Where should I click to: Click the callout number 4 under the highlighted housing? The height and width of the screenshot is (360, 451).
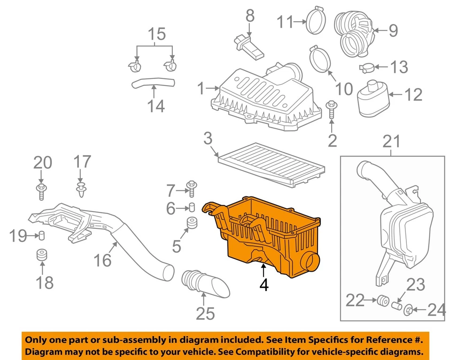pyautogui.click(x=264, y=284)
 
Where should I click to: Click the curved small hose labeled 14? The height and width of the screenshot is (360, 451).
pyautogui.click(x=153, y=84)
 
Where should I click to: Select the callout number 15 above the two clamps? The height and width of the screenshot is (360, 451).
pyautogui.click(x=157, y=34)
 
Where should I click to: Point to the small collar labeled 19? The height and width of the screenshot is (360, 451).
pyautogui.click(x=41, y=235)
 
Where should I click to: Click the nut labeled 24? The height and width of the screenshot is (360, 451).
pyautogui.click(x=409, y=310)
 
